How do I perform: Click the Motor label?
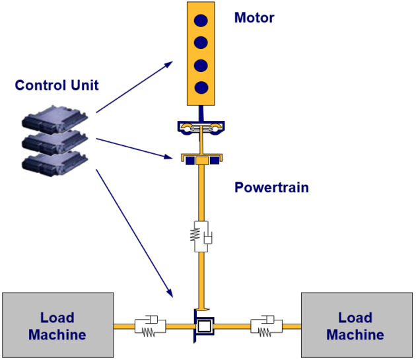[254, 18]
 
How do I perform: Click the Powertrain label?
[271, 188]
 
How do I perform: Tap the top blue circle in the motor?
[202, 19]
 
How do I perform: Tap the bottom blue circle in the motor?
[202, 87]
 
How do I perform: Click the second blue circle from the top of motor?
[202, 42]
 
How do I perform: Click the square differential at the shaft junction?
[203, 326]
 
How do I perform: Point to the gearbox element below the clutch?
[201, 159]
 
